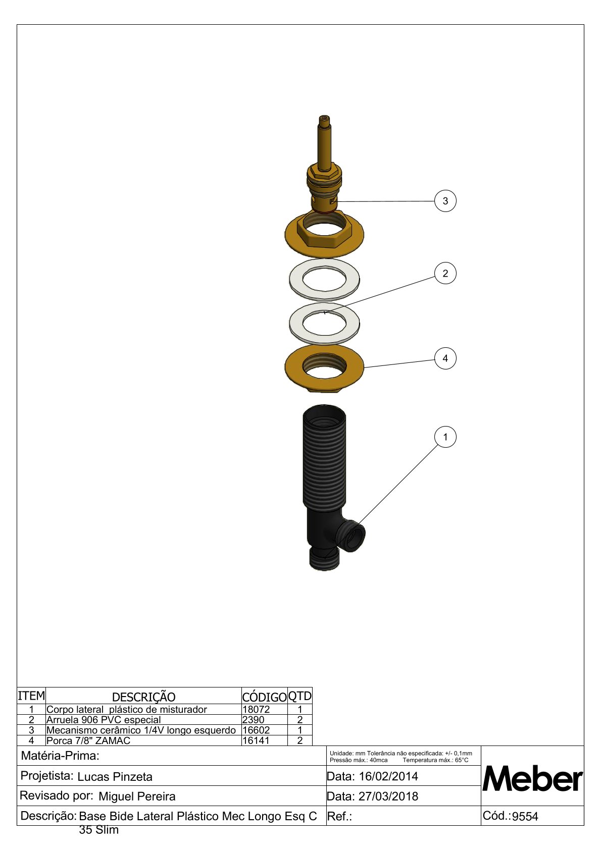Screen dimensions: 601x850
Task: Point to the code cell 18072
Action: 256,709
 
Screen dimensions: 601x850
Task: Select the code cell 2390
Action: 253,719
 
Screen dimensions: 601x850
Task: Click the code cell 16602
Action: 256,730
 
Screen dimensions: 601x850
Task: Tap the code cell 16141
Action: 256,740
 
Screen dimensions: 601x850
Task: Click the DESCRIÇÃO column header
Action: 143,697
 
